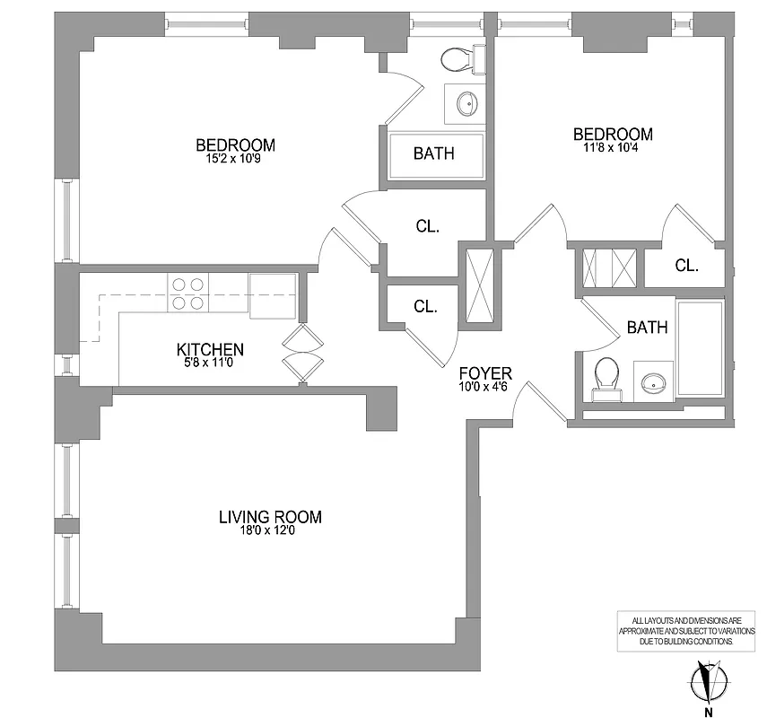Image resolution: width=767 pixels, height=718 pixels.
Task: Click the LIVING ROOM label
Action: coord(270,517)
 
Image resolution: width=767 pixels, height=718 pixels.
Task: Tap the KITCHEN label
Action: coord(210,349)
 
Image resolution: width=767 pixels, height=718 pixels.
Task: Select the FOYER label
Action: coord(485,373)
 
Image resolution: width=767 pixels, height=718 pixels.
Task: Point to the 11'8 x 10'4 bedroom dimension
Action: coord(613,149)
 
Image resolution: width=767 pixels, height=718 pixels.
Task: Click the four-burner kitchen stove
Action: coord(187,293)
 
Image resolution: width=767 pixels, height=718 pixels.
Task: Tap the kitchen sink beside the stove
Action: coord(273,295)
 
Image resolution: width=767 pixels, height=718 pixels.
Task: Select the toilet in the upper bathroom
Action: coord(458,61)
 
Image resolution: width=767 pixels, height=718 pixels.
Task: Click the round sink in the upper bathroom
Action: coord(467,104)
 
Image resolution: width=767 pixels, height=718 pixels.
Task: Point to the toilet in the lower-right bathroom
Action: coord(606,376)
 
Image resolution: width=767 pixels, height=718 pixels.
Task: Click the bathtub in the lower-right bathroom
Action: coord(701,353)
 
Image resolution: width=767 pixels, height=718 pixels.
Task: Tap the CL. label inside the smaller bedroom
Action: coord(686,266)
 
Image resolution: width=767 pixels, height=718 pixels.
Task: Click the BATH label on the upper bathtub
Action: coord(434,153)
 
